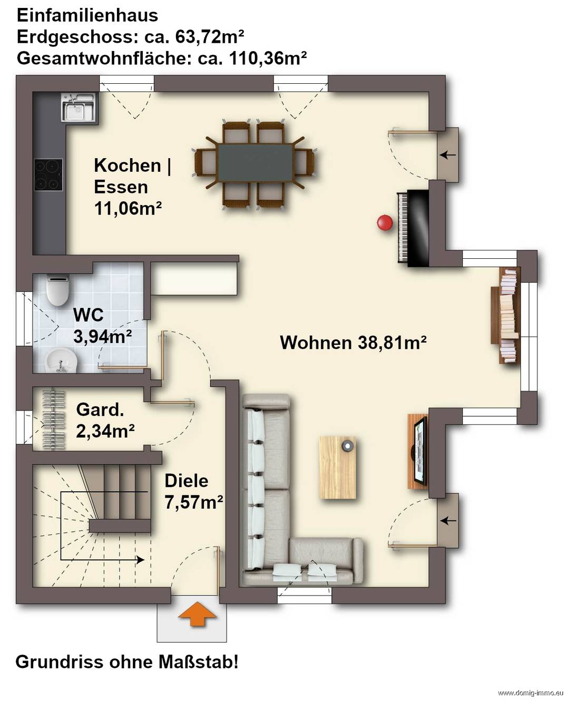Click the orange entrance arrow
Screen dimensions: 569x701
(198, 614)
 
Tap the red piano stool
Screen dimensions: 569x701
(385, 222)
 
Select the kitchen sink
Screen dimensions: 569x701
(79, 108)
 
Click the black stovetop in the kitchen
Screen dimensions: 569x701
(48, 175)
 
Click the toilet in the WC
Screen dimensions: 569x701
(58, 289)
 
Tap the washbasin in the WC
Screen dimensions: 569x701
(61, 361)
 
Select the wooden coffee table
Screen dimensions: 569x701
(338, 468)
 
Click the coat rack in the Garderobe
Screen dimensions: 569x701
(54, 420)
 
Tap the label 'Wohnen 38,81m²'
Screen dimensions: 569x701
(353, 343)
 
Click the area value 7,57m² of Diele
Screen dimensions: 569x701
(194, 502)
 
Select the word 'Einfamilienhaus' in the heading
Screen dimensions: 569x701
(87, 15)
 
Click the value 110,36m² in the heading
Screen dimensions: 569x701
(268, 59)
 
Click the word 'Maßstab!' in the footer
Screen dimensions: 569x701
(199, 663)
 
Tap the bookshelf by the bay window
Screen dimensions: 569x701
(506, 315)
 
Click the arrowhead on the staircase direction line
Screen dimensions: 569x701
(141, 560)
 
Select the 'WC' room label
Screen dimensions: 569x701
(89, 315)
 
